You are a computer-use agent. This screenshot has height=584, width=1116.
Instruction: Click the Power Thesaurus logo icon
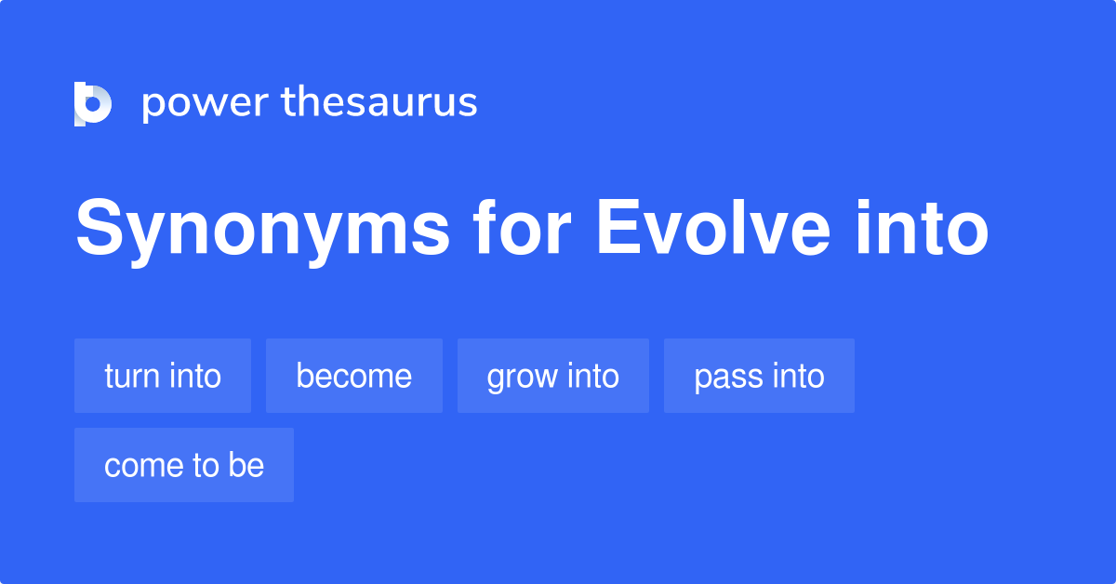click(93, 103)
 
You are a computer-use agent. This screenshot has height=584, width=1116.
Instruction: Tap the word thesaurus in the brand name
click(379, 102)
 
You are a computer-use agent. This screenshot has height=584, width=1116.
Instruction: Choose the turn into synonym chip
click(163, 376)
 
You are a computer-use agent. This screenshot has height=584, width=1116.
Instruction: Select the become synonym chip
click(353, 376)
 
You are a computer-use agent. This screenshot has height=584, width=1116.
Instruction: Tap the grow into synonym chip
click(552, 376)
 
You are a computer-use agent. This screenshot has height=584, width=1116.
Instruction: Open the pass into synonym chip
click(759, 376)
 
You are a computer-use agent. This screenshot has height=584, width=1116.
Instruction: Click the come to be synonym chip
click(184, 465)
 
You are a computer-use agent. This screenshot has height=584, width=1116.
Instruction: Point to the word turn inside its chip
click(132, 376)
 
